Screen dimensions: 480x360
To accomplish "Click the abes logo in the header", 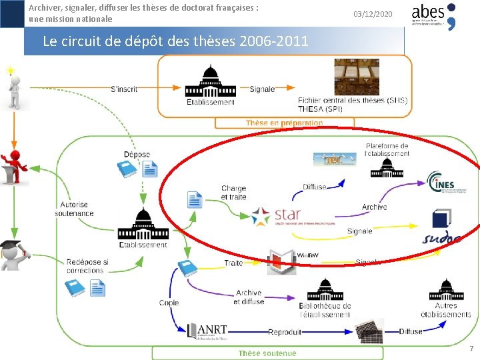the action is [x=433, y=15].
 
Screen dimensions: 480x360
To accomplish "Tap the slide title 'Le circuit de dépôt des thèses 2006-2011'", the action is [x=175, y=41].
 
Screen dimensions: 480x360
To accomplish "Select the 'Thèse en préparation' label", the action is [x=284, y=123].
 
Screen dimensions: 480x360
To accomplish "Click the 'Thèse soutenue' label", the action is [x=267, y=353].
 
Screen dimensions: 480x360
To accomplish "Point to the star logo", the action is [x=277, y=215].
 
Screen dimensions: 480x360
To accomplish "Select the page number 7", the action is [x=471, y=348].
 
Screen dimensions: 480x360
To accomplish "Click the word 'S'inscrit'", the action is [x=124, y=88].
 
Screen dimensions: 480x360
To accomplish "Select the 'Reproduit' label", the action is [x=285, y=331].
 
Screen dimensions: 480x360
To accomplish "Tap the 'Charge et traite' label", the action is [x=233, y=193].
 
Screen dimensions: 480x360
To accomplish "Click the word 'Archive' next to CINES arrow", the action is [x=374, y=207].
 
